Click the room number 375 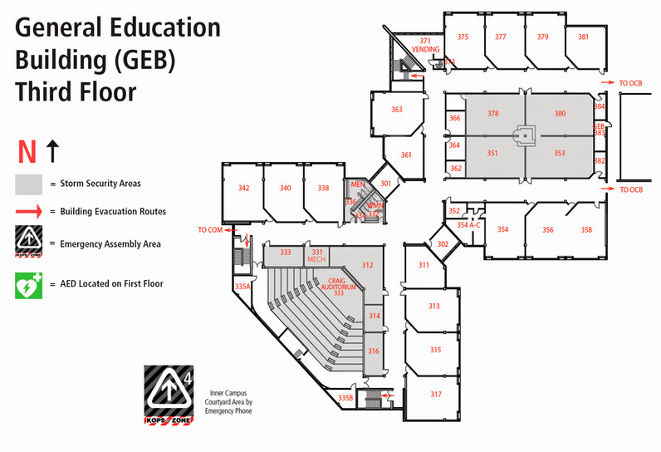point(463,37)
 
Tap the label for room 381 point(583,37)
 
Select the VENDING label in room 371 point(425,49)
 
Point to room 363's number point(397,110)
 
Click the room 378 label point(492,114)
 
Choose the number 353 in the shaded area point(560,153)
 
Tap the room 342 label point(243,189)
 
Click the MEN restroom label point(358,184)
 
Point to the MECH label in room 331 point(316,260)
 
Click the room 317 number point(435,393)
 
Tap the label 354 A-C point(468,225)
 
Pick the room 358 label point(586,229)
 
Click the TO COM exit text point(209,228)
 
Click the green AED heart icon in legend point(27,285)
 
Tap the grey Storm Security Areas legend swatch point(27,183)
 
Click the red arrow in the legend point(27,212)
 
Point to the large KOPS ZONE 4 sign point(169,396)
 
